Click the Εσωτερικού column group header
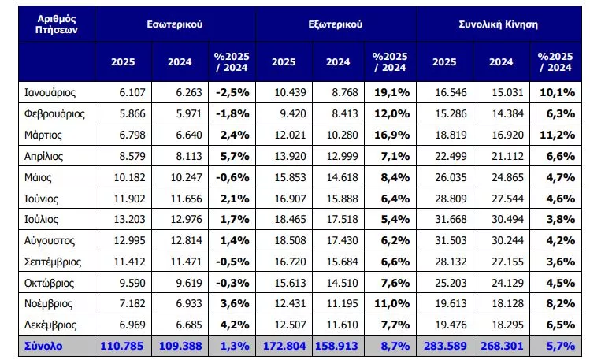[175, 24]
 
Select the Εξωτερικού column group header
[336, 24]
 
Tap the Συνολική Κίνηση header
[498, 24]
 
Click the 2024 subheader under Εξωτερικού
[338, 61]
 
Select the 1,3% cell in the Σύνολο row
[230, 346]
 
